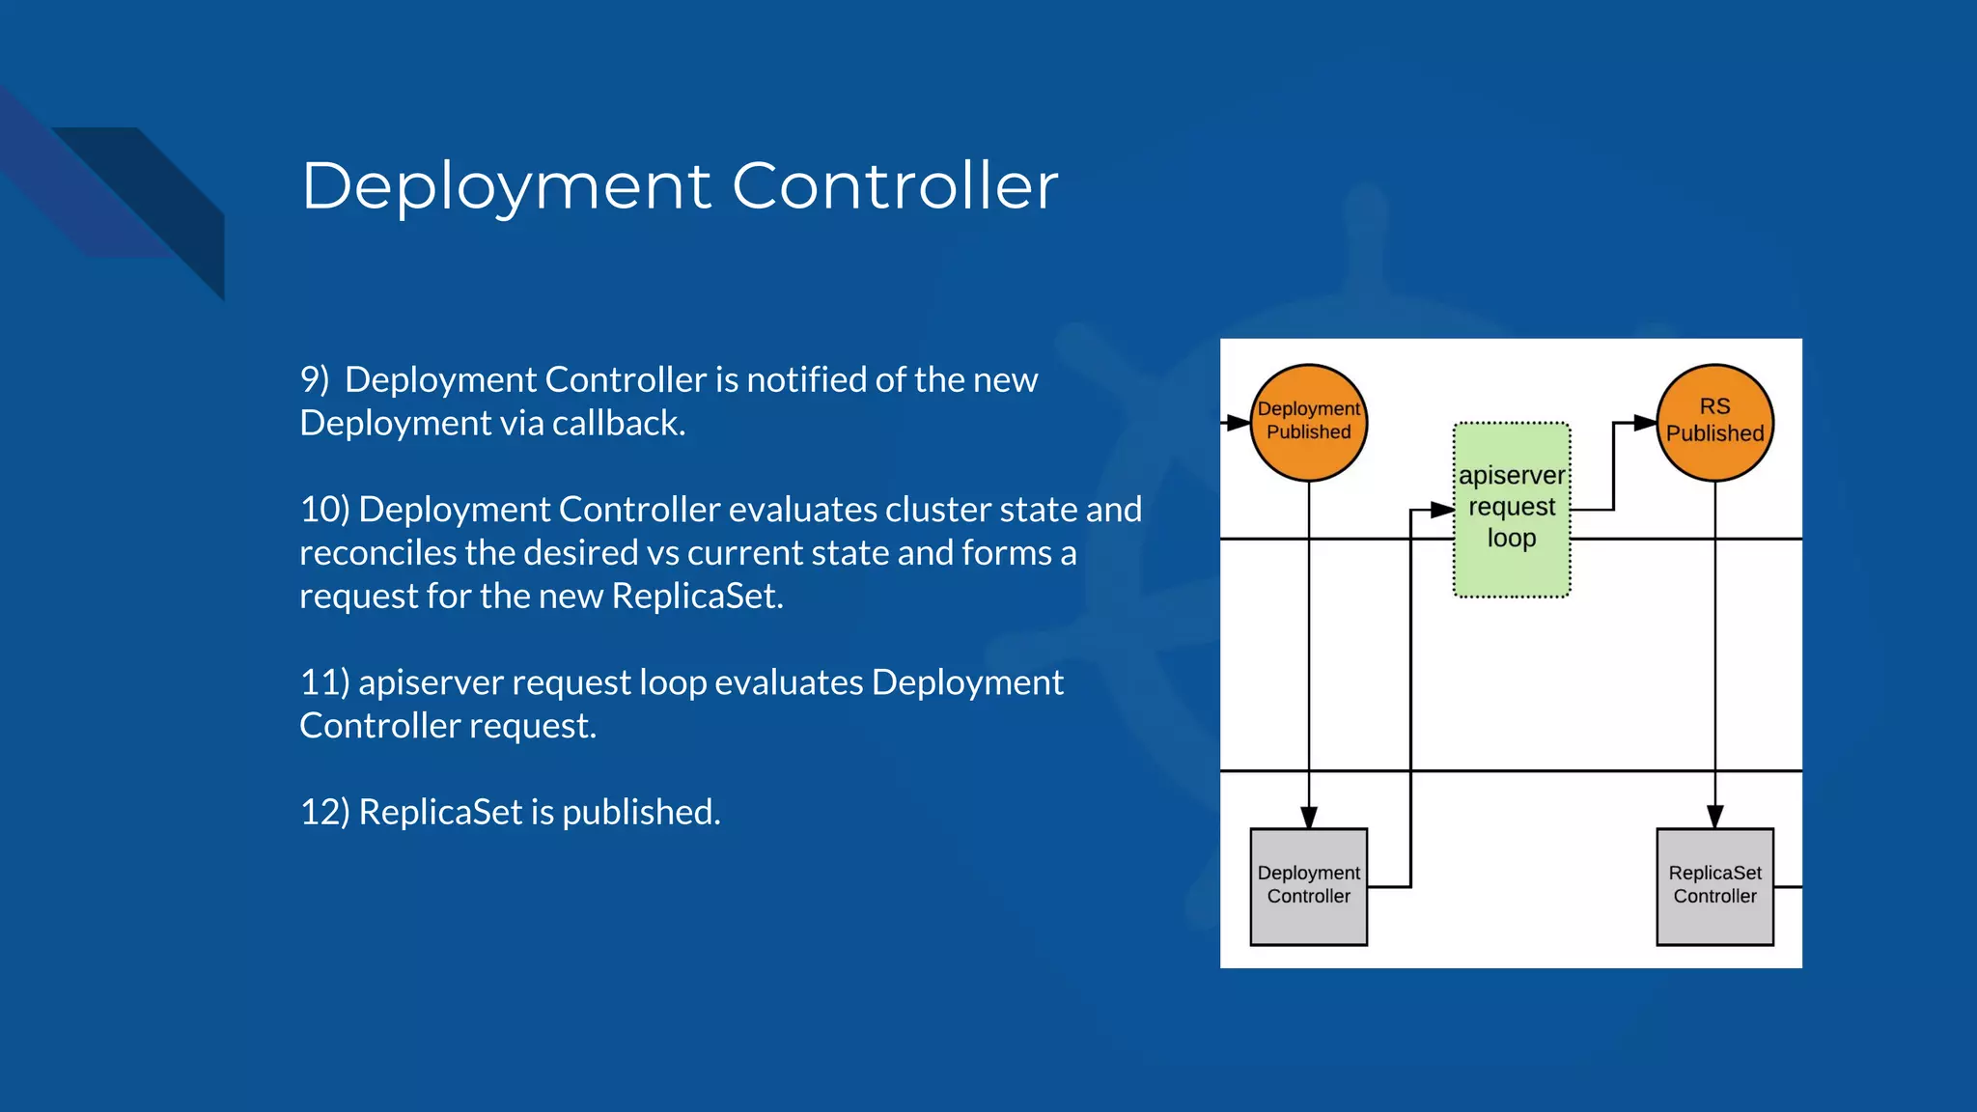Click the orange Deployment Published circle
coord(1309,422)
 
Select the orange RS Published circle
coord(1714,422)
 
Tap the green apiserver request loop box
coord(1512,509)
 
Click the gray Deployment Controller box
coord(1308,885)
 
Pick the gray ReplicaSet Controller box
coord(1714,885)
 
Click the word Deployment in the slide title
coord(507,186)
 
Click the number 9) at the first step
coord(315,379)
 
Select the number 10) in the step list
coord(324,509)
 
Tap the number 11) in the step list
coord(324,682)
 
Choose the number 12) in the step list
coord(324,812)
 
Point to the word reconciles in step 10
coord(377,553)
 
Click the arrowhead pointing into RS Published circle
coord(1646,423)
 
